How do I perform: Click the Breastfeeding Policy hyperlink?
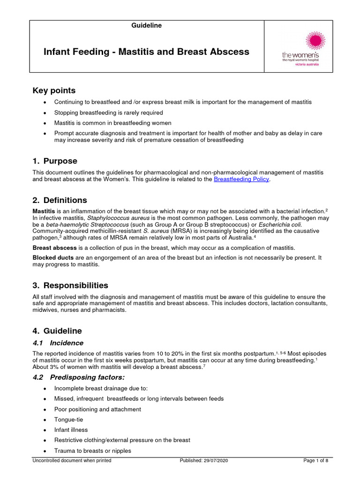click(x=242, y=180)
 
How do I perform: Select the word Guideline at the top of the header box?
click(x=146, y=26)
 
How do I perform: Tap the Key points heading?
click(x=53, y=90)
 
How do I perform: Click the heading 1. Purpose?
click(x=54, y=161)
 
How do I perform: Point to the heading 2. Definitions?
click(x=60, y=200)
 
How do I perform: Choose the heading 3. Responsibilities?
click(x=70, y=285)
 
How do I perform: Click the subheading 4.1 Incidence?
click(x=58, y=343)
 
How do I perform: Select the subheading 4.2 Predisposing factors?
click(x=78, y=377)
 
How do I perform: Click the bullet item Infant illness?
click(x=71, y=430)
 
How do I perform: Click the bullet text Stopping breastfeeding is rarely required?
click(x=108, y=112)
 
